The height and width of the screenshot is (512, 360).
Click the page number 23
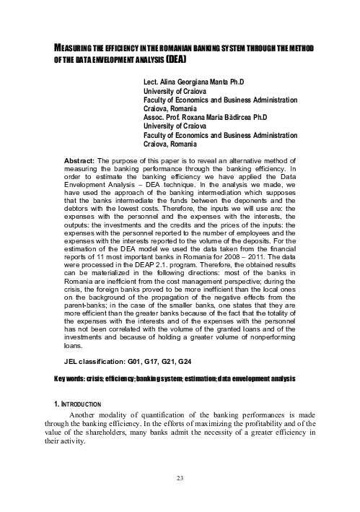[180, 498]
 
